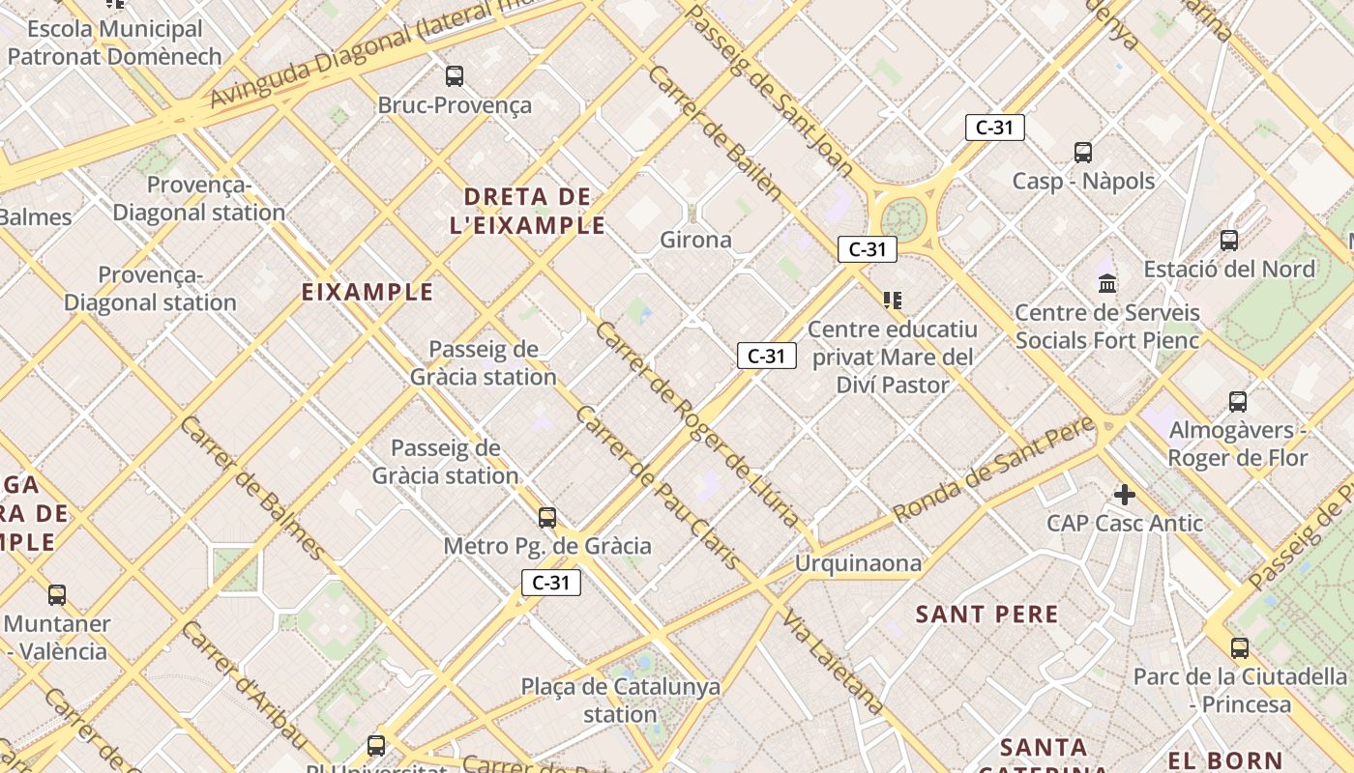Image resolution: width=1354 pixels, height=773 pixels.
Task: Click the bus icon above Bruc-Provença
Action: point(455,75)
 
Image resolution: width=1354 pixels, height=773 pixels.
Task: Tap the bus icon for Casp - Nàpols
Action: point(1083,152)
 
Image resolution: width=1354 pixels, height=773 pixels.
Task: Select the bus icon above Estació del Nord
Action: point(1229,240)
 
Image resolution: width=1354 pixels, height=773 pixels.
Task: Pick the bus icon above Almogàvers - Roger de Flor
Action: point(1238,401)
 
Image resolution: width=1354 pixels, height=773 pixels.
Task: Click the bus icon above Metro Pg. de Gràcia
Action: point(547,518)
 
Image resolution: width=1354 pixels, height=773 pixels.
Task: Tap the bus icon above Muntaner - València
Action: point(57,595)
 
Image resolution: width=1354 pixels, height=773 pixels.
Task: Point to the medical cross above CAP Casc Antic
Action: point(1124,495)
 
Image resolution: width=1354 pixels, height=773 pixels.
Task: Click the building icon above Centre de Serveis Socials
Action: point(1107,283)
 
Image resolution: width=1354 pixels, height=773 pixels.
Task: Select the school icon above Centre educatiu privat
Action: point(892,301)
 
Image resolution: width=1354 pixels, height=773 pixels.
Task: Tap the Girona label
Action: point(695,239)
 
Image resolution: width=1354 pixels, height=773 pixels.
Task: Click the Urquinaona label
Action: point(858,562)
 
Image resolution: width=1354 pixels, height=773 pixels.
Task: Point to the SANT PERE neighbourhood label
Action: point(986,614)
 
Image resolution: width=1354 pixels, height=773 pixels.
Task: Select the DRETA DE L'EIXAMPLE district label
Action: point(528,211)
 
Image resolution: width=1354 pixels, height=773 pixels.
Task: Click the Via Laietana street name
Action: point(833,662)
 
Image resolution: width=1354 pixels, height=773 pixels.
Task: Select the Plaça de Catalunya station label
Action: point(621,701)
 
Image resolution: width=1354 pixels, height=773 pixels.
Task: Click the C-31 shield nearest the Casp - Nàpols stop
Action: point(994,127)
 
